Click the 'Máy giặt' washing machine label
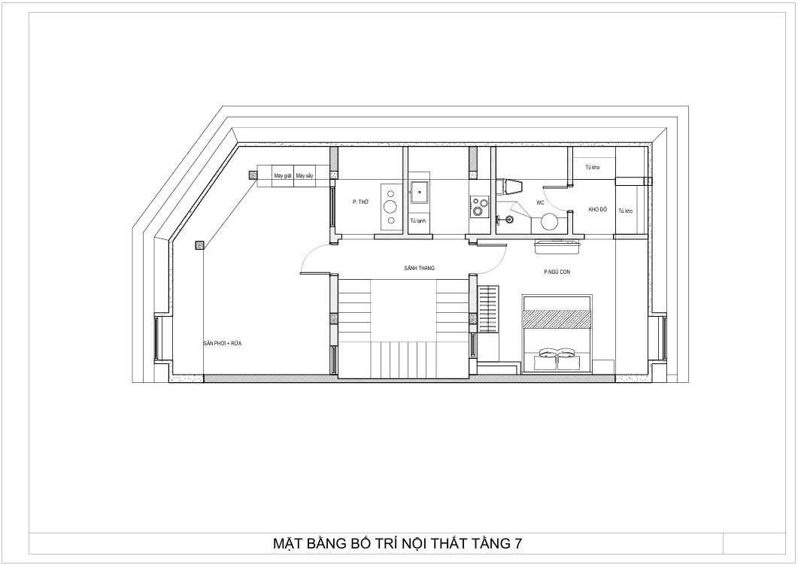pyautogui.click(x=283, y=176)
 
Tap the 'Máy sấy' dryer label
pyautogui.click(x=304, y=176)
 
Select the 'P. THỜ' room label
pyautogui.click(x=360, y=202)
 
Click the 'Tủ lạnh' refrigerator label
pyautogui.click(x=418, y=221)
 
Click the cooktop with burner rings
pyautogui.click(x=476, y=206)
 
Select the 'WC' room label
pyautogui.click(x=540, y=203)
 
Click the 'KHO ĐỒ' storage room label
pyautogui.click(x=598, y=210)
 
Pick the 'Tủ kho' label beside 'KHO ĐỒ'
pyautogui.click(x=625, y=211)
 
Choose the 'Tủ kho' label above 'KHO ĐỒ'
pyautogui.click(x=591, y=168)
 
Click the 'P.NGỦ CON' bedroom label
pyautogui.click(x=557, y=272)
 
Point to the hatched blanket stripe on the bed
pyautogui.click(x=557, y=319)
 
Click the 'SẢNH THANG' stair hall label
pyautogui.click(x=420, y=268)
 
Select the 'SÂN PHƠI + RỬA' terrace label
pyautogui.click(x=223, y=343)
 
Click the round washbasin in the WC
pyautogui.click(x=550, y=222)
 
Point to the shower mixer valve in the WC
pyautogui.click(x=510, y=219)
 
